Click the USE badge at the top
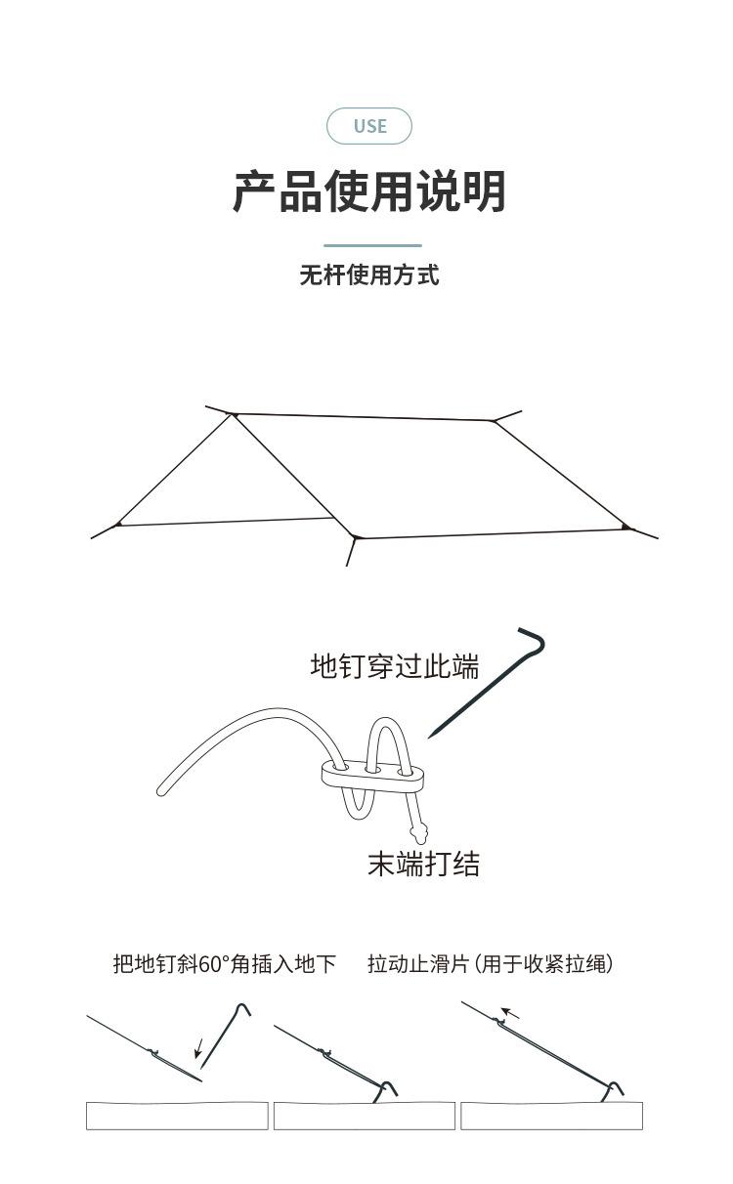click(369, 126)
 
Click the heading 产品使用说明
click(368, 191)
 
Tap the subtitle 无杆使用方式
click(368, 275)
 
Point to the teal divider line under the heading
click(372, 245)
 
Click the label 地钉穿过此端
click(395, 666)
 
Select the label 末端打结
click(423, 864)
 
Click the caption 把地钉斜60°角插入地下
click(224, 964)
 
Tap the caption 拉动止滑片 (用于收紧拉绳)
click(491, 964)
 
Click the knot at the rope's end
click(421, 834)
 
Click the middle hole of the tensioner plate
click(372, 771)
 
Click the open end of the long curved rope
click(162, 788)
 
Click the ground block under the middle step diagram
click(364, 1116)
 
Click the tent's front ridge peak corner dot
click(235, 416)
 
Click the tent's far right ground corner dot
click(625, 527)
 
